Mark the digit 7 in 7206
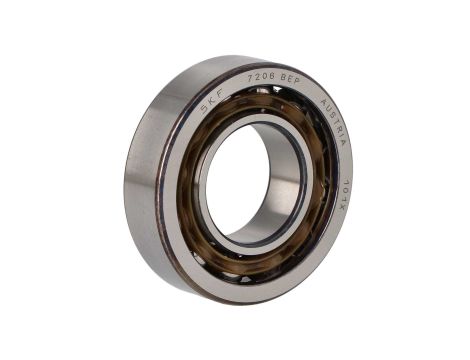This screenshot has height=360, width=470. [250, 79]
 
